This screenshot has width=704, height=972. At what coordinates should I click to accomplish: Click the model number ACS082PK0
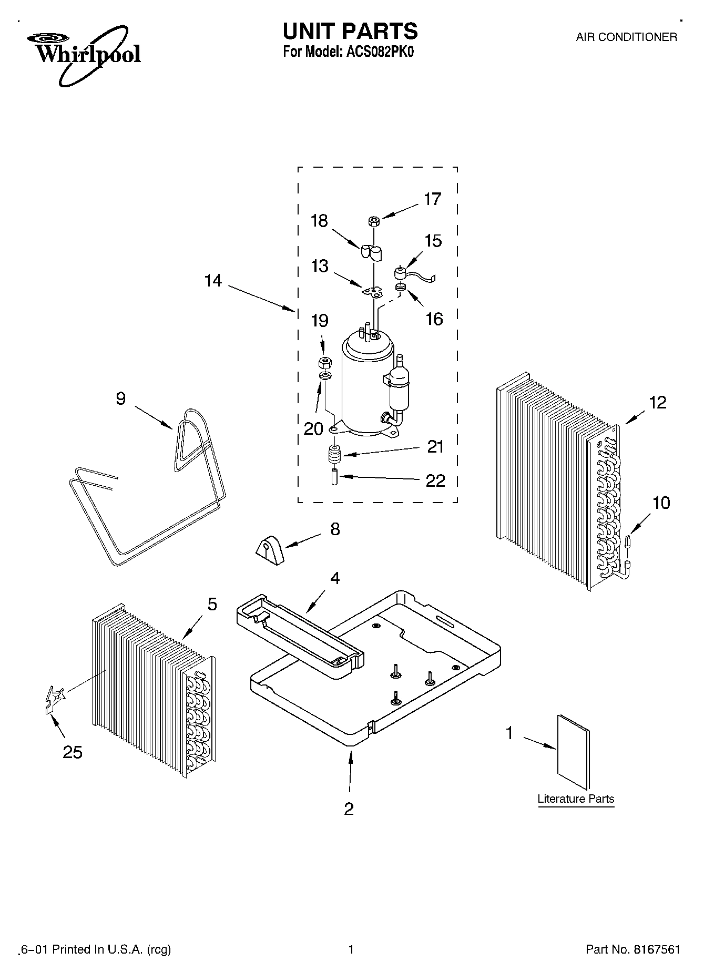(x=376, y=53)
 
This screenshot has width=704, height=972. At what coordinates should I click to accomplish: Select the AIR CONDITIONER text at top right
(x=626, y=37)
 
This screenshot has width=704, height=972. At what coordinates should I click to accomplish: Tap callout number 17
(x=432, y=199)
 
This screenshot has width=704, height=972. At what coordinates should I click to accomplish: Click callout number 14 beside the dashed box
(x=213, y=281)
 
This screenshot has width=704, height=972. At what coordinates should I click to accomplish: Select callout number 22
(x=435, y=480)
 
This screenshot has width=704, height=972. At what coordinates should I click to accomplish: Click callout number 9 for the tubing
(x=120, y=399)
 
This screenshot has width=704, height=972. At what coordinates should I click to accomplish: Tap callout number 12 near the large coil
(x=657, y=403)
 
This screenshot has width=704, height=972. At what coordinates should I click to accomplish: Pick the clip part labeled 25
(x=54, y=700)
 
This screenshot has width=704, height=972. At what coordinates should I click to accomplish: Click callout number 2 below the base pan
(x=349, y=809)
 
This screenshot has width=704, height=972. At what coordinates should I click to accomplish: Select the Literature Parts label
(x=576, y=799)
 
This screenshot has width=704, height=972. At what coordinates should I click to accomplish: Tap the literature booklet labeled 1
(x=574, y=752)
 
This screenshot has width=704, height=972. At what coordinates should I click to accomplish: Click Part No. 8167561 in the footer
(x=633, y=949)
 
